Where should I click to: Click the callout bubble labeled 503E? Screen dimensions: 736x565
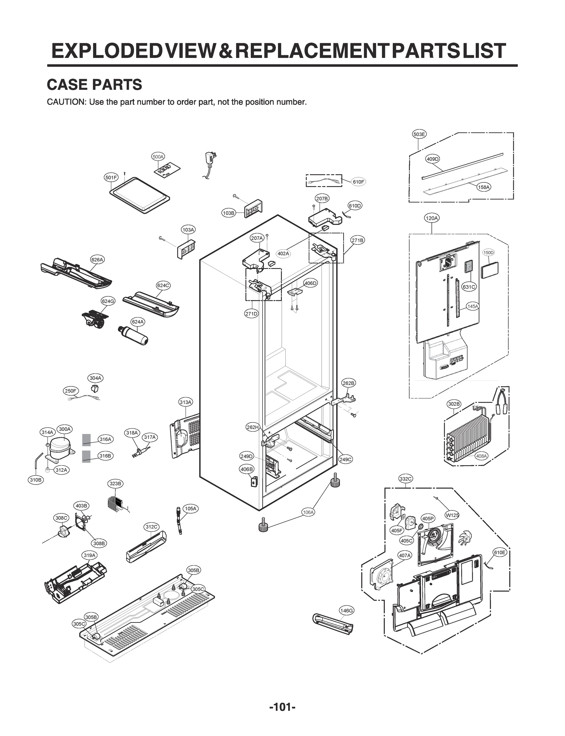(419, 134)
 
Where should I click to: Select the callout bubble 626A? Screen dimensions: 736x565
(97, 259)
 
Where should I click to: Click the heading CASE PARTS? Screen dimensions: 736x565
(94, 84)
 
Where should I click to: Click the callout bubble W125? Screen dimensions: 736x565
(452, 515)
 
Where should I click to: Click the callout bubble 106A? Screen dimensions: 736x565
(308, 512)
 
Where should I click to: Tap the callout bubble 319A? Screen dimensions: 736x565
(90, 555)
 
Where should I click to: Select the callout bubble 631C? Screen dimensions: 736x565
(469, 287)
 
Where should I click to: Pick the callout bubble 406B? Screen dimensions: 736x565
(247, 469)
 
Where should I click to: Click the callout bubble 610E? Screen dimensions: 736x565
(499, 552)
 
